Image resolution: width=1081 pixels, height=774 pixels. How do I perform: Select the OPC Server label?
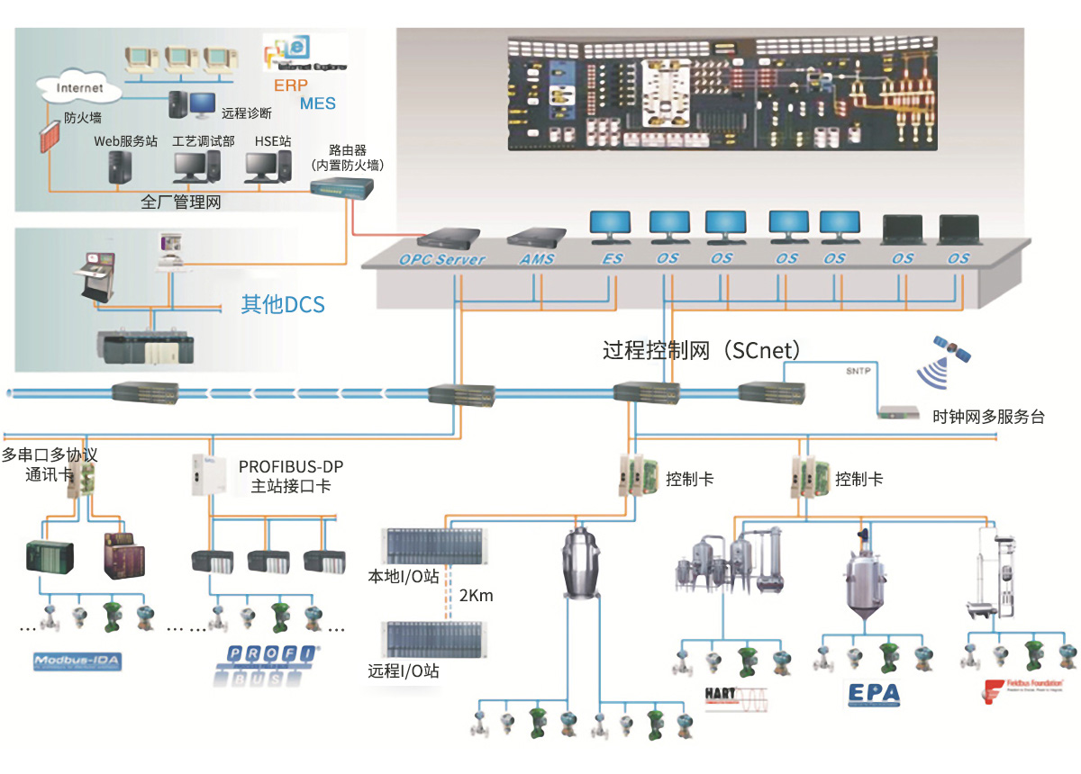click(441, 259)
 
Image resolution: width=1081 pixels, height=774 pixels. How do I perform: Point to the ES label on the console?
click(612, 259)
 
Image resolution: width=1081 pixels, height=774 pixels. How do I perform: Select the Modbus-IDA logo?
click(77, 662)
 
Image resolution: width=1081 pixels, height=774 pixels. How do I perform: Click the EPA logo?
click(873, 694)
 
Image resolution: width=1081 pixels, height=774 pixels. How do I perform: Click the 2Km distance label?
click(476, 596)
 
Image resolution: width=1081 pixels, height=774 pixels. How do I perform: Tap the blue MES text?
click(317, 103)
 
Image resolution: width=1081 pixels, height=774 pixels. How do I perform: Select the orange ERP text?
click(290, 85)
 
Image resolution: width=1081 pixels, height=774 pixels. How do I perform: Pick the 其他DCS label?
click(282, 305)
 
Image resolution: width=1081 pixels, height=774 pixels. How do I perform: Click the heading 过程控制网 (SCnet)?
click(702, 350)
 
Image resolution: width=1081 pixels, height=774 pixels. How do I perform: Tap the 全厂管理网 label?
click(181, 203)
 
